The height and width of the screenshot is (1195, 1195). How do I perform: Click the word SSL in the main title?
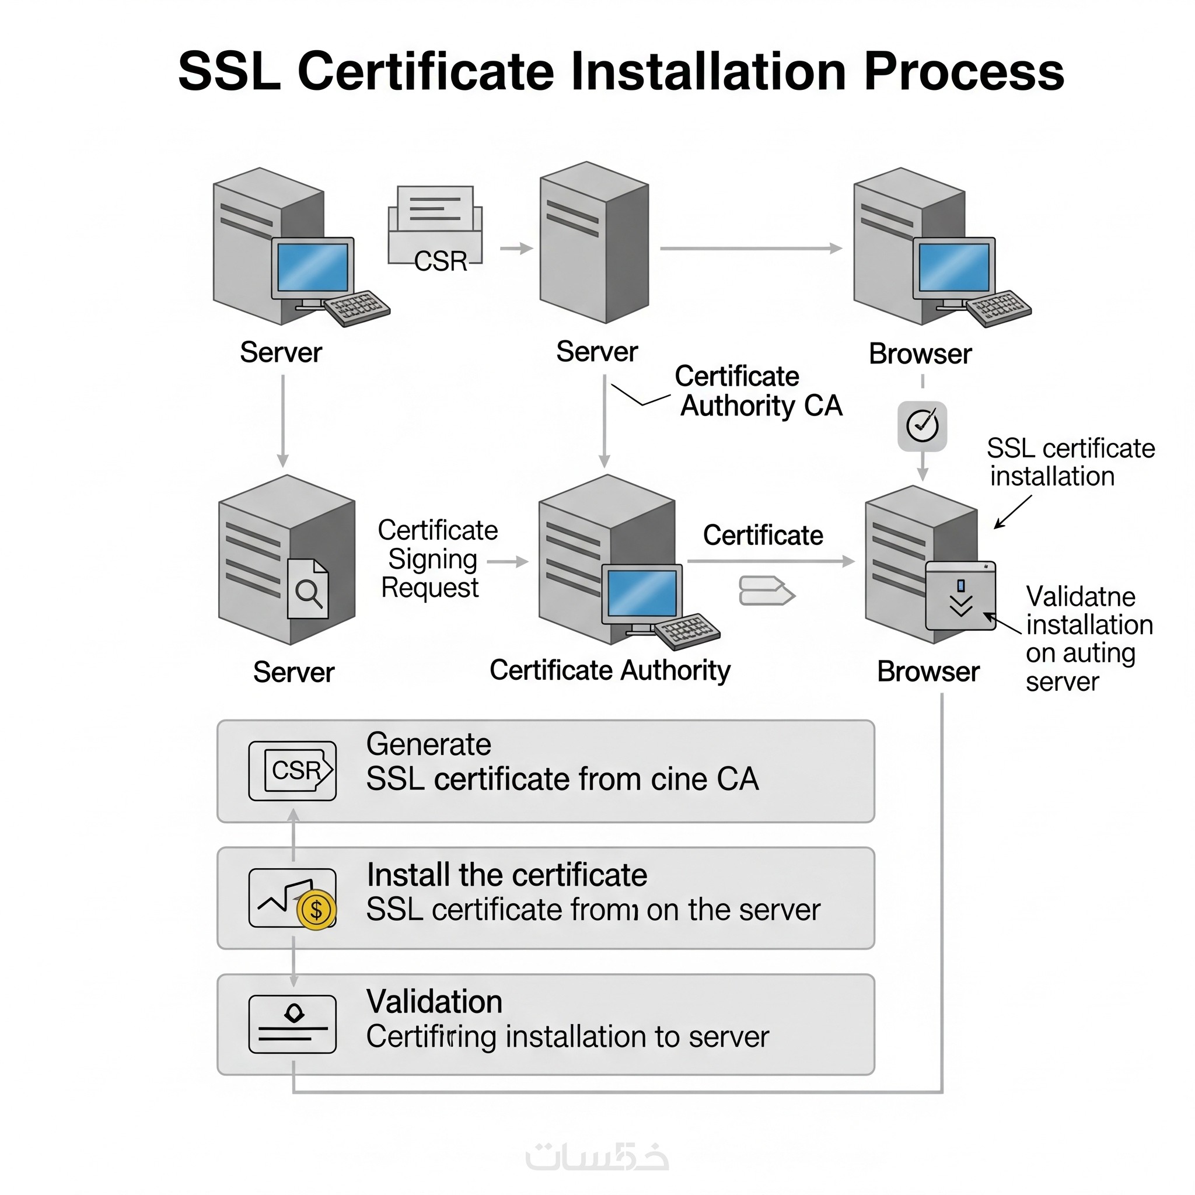tap(229, 72)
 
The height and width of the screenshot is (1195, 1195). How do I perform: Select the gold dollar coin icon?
tap(316, 910)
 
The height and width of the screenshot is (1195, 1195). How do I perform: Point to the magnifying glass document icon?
tap(308, 589)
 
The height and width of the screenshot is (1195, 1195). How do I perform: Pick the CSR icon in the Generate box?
tap(292, 771)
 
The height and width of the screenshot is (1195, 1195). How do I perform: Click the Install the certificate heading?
tap(506, 875)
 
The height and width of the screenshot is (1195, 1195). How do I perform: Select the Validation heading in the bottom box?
tap(434, 1001)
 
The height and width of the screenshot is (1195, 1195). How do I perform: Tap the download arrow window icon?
tap(960, 596)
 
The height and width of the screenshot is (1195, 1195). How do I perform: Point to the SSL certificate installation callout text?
tap(1070, 462)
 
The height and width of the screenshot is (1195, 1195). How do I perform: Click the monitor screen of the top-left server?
tap(312, 267)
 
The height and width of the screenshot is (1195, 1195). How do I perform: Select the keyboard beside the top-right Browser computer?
tap(998, 308)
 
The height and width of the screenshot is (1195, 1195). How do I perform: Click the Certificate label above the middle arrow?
tap(763, 535)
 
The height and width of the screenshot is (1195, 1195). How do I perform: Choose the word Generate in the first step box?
tap(429, 744)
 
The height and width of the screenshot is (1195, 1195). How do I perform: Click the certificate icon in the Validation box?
tap(292, 1023)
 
